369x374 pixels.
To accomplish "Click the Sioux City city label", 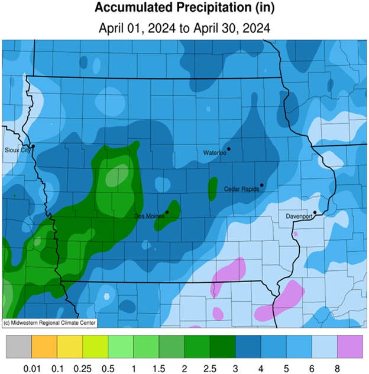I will [x=17, y=151].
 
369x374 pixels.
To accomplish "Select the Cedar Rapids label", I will [x=241, y=189].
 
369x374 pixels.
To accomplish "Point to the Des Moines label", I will [x=149, y=216].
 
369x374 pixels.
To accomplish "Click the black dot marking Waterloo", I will [x=229, y=149].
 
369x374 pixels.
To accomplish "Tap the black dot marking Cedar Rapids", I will [x=261, y=185].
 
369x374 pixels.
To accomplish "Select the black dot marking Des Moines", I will [x=167, y=212].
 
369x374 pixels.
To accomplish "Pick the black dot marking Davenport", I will [x=315, y=212].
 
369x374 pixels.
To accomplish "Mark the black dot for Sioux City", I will [x=33, y=146].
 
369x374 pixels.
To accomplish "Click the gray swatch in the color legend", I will [x=18, y=346].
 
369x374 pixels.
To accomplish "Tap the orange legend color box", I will [x=44, y=346].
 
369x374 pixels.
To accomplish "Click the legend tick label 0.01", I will [x=31, y=367].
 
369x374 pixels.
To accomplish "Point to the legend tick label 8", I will [x=337, y=367].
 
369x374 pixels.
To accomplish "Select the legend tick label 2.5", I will [x=209, y=367].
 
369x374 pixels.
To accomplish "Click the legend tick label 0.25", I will [x=82, y=367].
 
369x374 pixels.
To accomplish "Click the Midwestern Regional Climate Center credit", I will [x=49, y=323].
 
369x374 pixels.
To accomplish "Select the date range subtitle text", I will [x=184, y=28].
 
